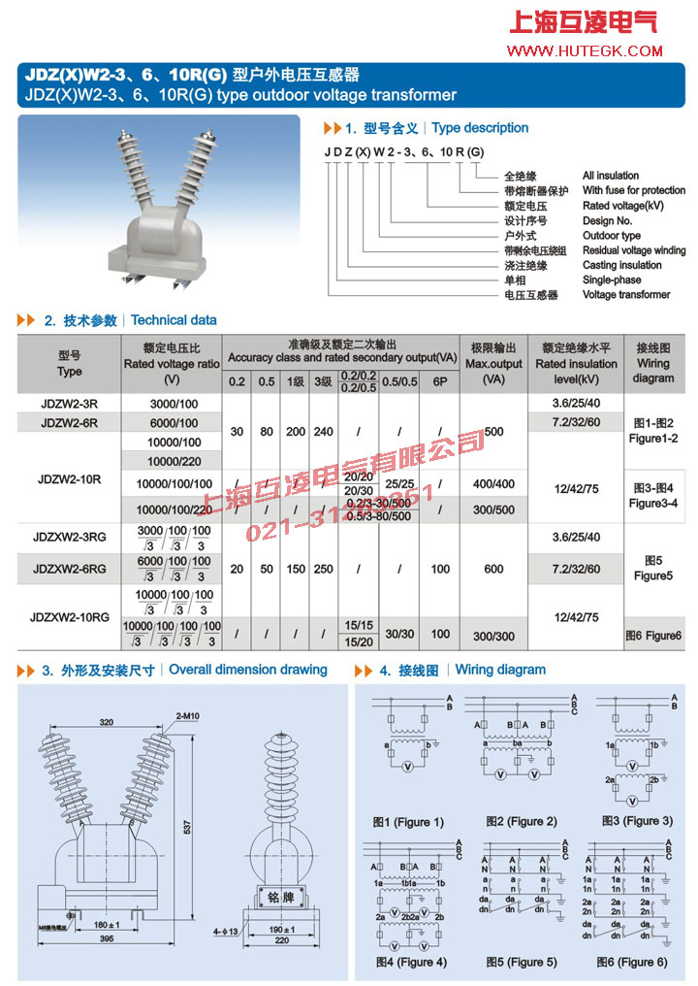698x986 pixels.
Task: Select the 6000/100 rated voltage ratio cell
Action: pyautogui.click(x=174, y=423)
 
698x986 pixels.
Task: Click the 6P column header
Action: pyautogui.click(x=441, y=381)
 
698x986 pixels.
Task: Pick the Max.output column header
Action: pyautogui.click(x=493, y=363)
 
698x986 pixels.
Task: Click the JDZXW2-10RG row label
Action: pyautogui.click(x=69, y=616)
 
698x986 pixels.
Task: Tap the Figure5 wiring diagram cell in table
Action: pyautogui.click(x=652, y=568)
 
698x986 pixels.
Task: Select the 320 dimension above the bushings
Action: pyautogui.click(x=107, y=722)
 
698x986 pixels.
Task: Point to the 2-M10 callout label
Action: pyautogui.click(x=188, y=715)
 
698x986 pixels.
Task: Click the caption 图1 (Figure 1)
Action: pyautogui.click(x=409, y=822)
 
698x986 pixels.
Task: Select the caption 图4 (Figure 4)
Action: pyautogui.click(x=411, y=962)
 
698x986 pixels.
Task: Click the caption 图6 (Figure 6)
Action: pyautogui.click(x=631, y=962)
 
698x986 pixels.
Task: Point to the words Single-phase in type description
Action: pyautogui.click(x=612, y=279)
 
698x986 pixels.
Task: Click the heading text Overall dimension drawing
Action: pyautogui.click(x=248, y=670)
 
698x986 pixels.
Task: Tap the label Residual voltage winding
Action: pyautogui.click(x=633, y=250)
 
